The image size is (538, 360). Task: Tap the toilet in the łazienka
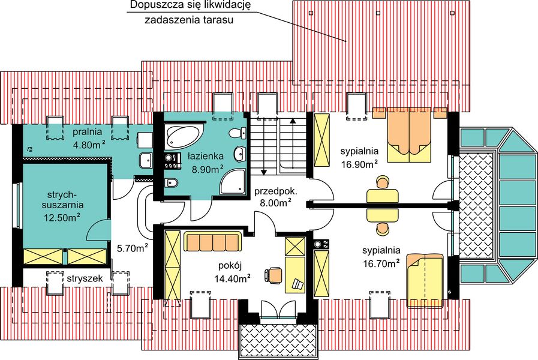coord(171,183)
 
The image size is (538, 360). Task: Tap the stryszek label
coord(87,279)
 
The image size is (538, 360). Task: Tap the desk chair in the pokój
coord(275,274)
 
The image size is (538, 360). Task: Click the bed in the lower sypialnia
coord(425,280)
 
